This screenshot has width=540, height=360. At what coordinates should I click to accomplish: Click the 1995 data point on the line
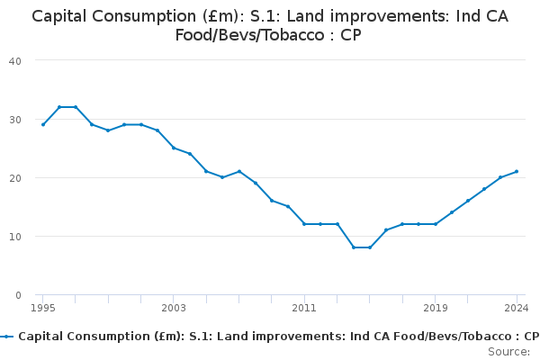point(43,124)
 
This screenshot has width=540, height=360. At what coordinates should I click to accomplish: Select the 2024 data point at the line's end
point(517,171)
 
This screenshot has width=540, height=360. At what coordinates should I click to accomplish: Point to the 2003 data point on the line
point(174,148)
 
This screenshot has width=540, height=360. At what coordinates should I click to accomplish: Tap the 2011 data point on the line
point(304,224)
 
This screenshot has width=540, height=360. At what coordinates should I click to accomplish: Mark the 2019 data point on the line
point(436,224)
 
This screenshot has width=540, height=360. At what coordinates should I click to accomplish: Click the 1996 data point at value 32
point(59,107)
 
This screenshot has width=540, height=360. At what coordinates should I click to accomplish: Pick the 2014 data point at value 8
point(354,247)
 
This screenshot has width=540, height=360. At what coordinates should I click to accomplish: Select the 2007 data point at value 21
point(239,171)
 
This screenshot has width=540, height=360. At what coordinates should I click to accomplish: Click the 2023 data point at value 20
point(500,177)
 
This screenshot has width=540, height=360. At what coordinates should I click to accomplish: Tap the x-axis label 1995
point(43,308)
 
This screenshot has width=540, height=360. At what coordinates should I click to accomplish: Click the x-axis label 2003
point(174,308)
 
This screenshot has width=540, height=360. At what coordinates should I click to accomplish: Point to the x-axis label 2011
point(304,308)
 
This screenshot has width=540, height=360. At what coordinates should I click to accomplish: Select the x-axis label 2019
point(436,308)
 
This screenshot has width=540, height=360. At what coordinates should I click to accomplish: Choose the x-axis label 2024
point(517,308)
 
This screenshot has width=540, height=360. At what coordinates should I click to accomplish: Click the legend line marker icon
point(8,336)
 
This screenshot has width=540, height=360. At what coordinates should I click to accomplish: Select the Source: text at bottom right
point(509,351)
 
